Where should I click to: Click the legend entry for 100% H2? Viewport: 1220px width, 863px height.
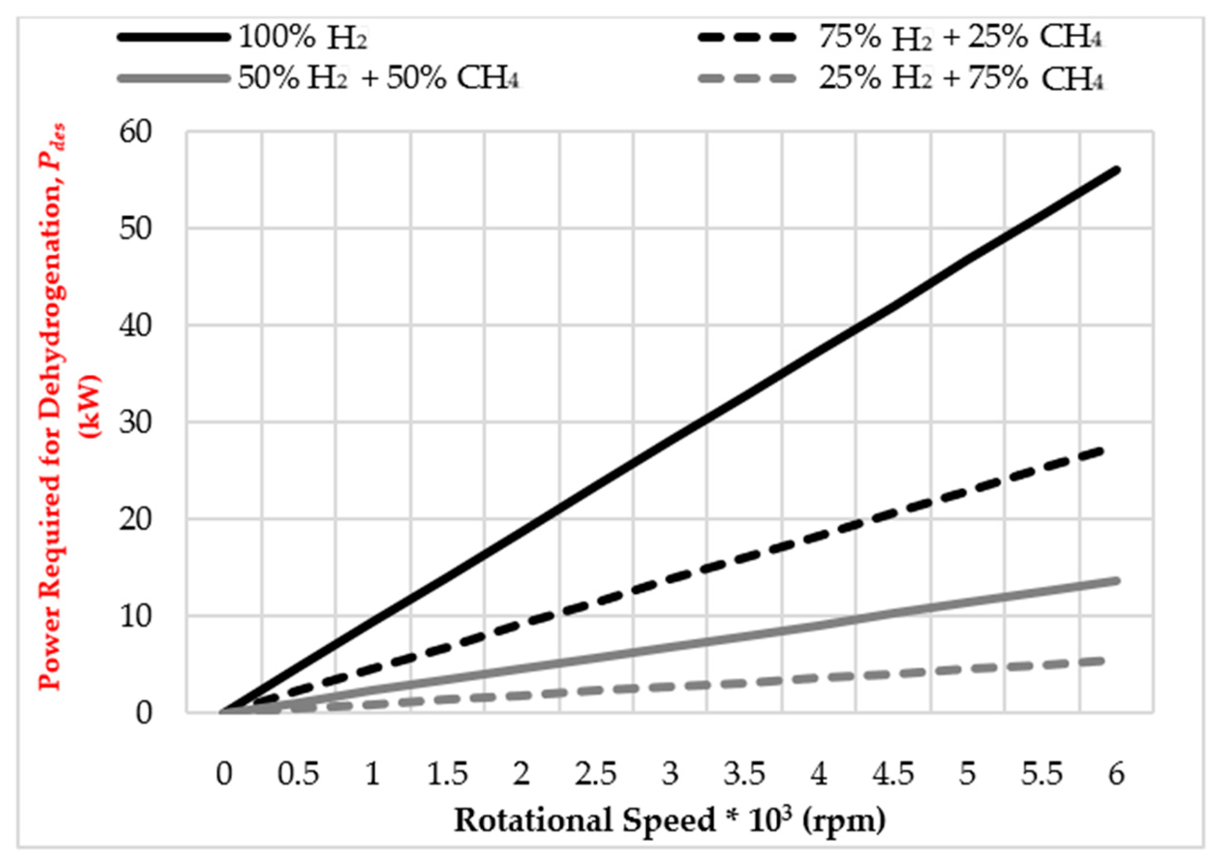(x=303, y=38)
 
